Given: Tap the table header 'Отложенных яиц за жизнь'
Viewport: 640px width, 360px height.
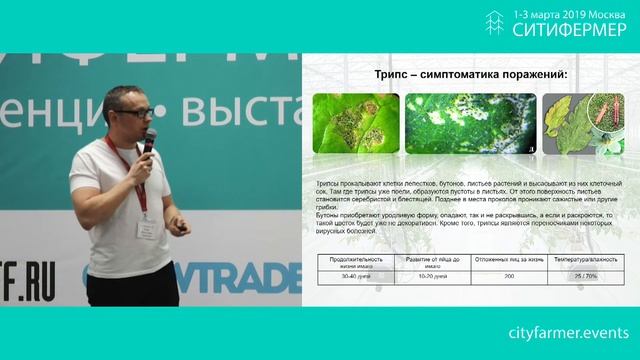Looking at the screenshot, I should coord(510,258).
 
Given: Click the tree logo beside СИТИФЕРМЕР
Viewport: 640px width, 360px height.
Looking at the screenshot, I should coord(494,24).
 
